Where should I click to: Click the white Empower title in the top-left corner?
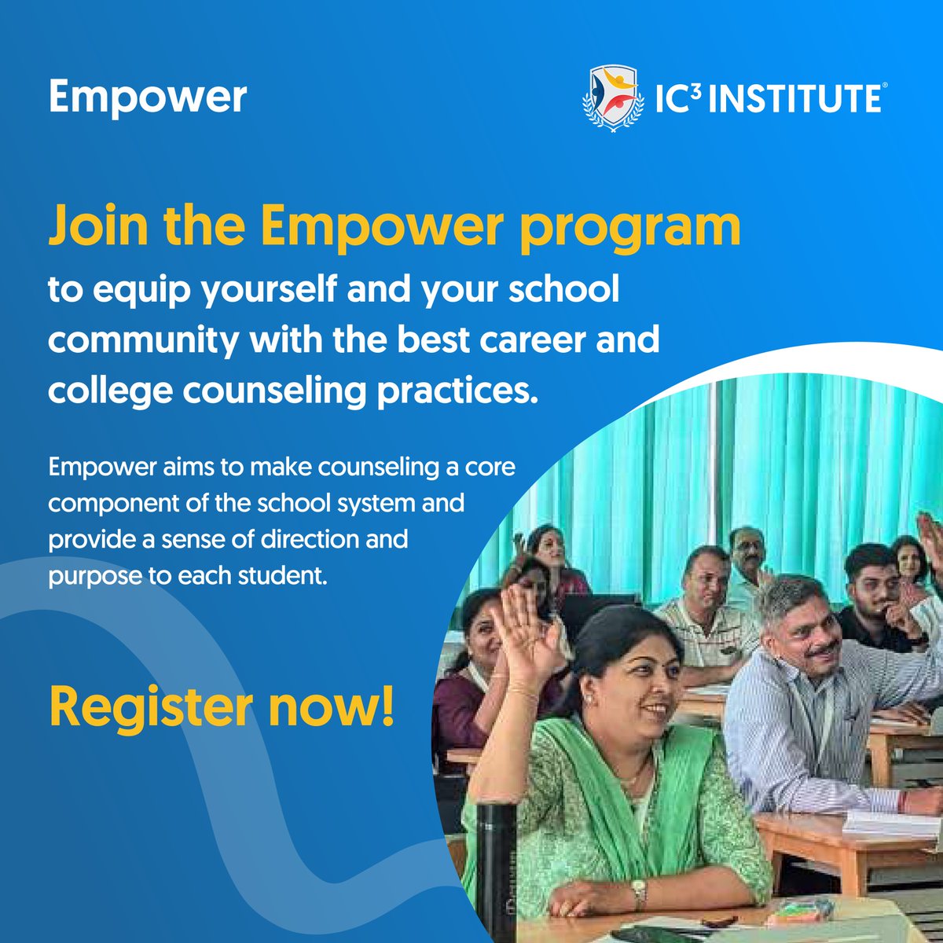[148, 97]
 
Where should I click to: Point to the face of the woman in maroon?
[484, 629]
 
